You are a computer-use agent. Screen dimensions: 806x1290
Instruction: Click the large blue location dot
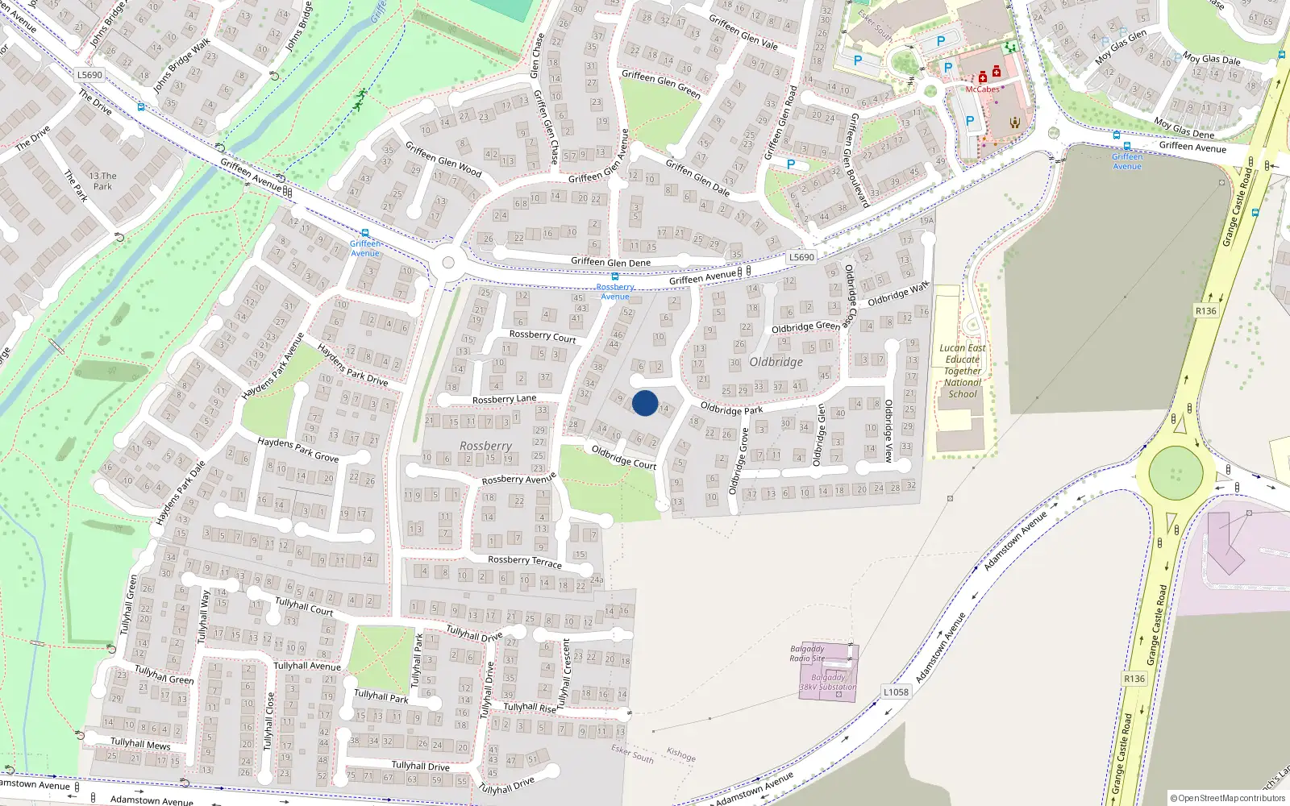tap(645, 403)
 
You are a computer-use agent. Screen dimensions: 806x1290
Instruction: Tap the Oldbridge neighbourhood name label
tap(776, 362)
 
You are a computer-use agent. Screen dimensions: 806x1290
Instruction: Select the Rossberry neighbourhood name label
tap(485, 446)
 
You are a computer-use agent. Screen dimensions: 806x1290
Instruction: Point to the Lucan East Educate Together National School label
tap(963, 372)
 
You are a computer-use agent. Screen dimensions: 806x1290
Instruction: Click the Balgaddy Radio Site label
tap(807, 654)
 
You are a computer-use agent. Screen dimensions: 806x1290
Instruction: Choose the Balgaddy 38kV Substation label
tap(828, 683)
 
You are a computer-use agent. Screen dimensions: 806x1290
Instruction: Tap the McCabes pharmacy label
tap(982, 89)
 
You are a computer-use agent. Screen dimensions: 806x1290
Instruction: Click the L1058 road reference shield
tap(896, 692)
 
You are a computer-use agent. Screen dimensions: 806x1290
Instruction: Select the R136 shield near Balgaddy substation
tap(1134, 679)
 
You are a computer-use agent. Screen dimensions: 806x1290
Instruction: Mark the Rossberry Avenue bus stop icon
tap(615, 276)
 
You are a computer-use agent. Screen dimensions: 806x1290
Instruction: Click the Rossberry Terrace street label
tap(525, 561)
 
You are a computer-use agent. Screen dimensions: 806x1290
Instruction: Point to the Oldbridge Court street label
tap(624, 458)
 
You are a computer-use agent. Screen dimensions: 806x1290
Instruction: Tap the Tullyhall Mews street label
tap(140, 743)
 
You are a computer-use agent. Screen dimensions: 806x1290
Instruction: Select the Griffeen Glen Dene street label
tap(610, 262)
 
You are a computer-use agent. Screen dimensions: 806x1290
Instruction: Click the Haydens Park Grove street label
tap(298, 450)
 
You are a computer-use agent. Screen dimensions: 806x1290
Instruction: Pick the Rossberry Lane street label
tap(504, 399)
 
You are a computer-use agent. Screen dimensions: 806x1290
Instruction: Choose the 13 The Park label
tap(102, 181)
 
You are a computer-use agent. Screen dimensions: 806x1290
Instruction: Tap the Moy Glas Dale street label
tap(1211, 59)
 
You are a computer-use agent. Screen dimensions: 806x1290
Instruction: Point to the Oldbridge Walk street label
tap(898, 294)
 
